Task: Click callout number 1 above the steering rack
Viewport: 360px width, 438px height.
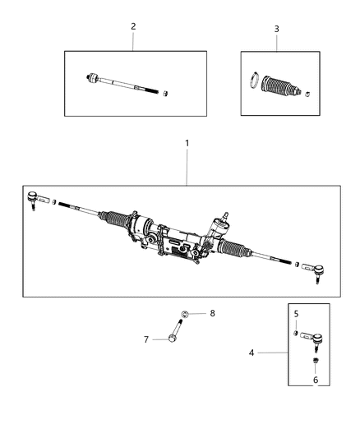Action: [x=187, y=143]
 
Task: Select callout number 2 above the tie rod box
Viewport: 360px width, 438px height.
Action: [x=133, y=26]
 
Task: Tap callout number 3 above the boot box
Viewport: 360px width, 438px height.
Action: [x=277, y=29]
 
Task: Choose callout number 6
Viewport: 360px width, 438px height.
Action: [x=316, y=380]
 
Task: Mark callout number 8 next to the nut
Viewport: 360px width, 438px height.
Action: [x=211, y=313]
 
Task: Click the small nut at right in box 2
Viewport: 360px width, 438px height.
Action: [x=167, y=92]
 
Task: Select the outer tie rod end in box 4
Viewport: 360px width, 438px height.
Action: [x=310, y=336]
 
